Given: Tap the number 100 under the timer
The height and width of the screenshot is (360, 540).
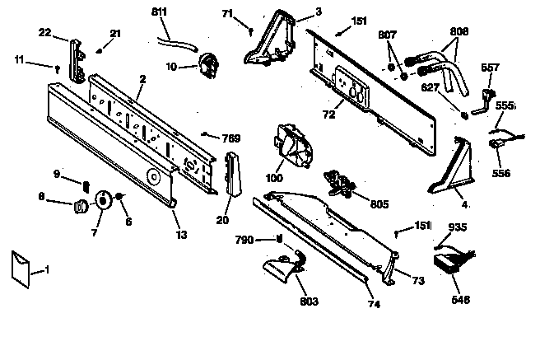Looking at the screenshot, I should click(272, 178).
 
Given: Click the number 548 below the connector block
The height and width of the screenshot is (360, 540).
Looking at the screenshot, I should click(461, 300).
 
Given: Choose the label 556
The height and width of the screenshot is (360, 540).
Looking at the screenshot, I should click(501, 174).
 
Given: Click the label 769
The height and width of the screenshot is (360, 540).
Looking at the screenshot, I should click(231, 138).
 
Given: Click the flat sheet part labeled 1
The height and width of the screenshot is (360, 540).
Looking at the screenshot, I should click(22, 269).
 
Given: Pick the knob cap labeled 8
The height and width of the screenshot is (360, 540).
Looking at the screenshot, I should click(81, 204).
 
